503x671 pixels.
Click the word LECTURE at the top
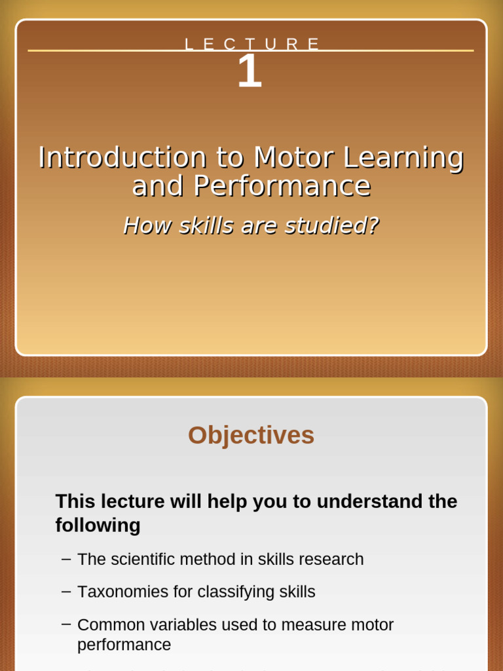click(251, 45)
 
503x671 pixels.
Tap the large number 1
click(250, 71)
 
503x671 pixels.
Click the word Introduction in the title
click(122, 158)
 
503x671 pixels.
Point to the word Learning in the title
click(403, 158)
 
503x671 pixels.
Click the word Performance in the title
click(282, 186)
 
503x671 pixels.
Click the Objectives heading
click(251, 435)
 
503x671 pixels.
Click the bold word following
click(98, 525)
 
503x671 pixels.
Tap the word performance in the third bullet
click(124, 645)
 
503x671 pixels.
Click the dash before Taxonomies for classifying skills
click(65, 591)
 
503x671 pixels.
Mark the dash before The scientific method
click(65, 558)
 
